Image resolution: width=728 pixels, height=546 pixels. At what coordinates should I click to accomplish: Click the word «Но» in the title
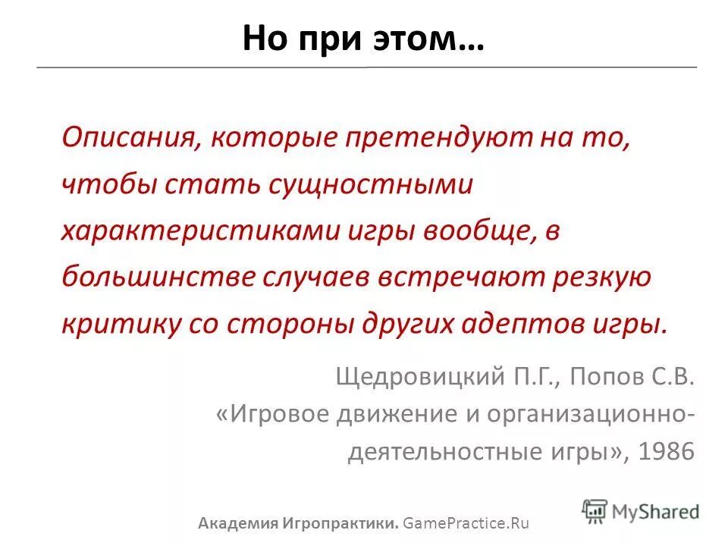tap(262, 38)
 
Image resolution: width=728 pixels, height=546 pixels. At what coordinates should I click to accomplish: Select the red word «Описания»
tap(121, 139)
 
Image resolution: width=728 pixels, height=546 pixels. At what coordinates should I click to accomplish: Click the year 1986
tap(667, 452)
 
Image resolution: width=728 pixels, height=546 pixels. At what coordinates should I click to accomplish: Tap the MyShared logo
tap(641, 510)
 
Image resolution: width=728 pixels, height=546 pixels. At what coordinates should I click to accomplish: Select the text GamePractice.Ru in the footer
tap(466, 523)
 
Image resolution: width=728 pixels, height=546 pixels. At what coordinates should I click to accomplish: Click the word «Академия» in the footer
tap(235, 523)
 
